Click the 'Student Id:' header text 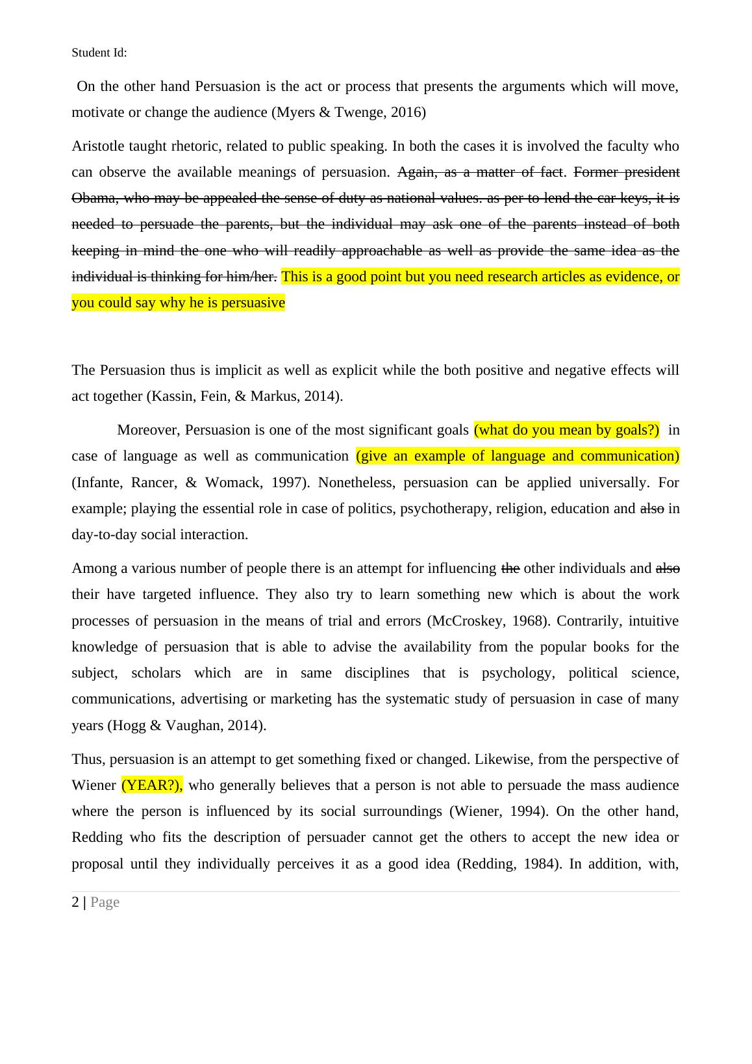[x=99, y=53]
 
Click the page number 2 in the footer [x=75, y=902]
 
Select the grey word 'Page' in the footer [x=105, y=902]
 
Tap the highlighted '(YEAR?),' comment [x=152, y=785]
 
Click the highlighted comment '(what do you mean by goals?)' [x=566, y=430]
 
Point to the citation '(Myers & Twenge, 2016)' [x=348, y=112]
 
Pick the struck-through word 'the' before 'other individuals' [x=510, y=568]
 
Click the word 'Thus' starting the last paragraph [x=88, y=759]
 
